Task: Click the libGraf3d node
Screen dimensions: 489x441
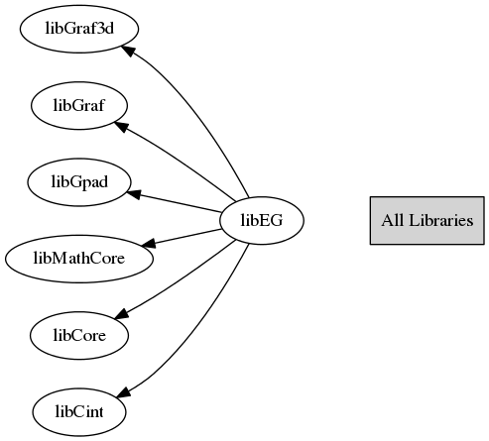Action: (x=79, y=29)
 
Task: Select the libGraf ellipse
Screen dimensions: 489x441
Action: (x=79, y=105)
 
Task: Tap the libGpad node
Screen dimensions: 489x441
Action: (x=79, y=182)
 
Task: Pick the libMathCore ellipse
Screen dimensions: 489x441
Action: (x=79, y=259)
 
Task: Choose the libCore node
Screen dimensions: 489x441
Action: (x=79, y=335)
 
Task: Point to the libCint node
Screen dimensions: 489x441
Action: (x=79, y=412)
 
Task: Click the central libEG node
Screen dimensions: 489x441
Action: (x=262, y=220)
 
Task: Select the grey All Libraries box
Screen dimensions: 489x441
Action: (x=428, y=220)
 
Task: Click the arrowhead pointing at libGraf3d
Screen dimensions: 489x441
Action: (x=128, y=51)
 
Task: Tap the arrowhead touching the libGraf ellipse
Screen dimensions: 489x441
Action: (x=120, y=126)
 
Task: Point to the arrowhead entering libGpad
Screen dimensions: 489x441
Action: (x=134, y=194)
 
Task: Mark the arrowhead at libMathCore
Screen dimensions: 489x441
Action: (x=148, y=243)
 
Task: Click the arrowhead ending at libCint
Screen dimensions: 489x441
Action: (x=123, y=391)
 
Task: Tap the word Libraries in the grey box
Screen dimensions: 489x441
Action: (x=441, y=220)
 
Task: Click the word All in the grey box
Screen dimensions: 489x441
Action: (x=393, y=220)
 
